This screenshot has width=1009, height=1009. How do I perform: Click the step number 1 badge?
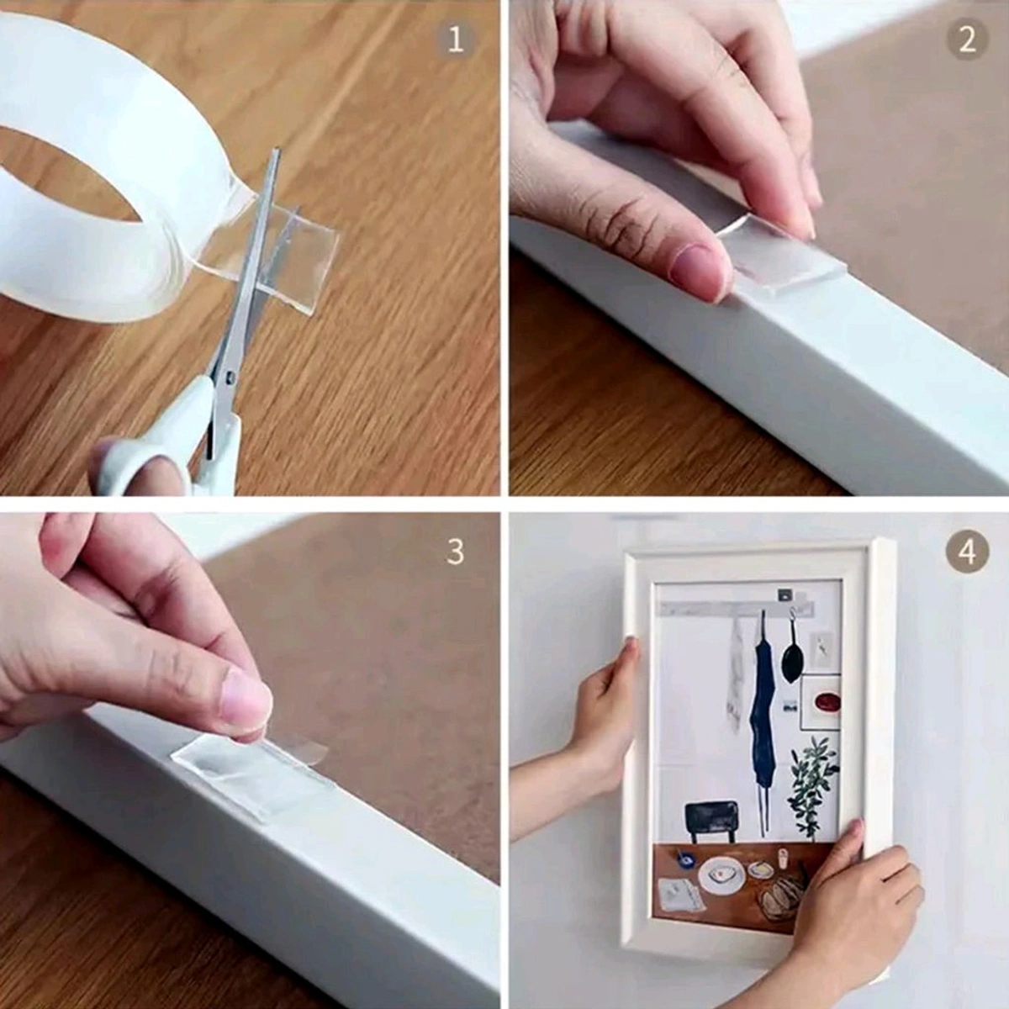455,40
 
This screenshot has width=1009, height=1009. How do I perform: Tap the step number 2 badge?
967,39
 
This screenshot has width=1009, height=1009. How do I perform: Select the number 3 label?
455,552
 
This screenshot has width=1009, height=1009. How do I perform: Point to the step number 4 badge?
967,552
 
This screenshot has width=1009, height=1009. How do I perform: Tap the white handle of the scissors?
160,446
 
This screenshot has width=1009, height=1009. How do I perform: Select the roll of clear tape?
101,168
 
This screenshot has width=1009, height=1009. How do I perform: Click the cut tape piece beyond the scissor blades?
303,252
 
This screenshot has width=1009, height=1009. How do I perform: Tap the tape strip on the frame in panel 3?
252,769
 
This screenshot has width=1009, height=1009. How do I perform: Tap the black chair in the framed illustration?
711,819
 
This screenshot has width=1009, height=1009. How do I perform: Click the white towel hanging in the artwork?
736,681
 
